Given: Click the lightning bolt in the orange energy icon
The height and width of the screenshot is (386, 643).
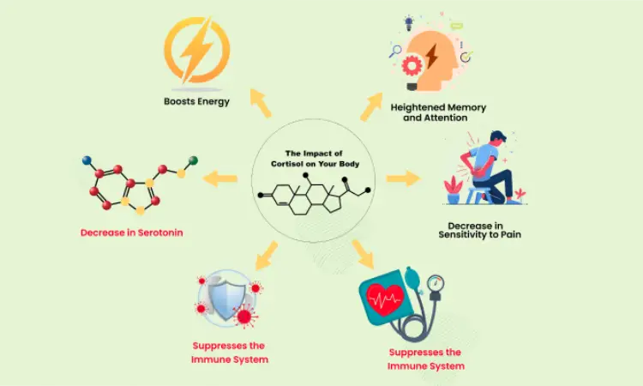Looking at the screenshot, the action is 196,49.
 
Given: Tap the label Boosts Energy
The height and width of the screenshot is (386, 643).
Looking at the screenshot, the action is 196,101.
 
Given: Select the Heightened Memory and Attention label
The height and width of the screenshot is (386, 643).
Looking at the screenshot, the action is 438,112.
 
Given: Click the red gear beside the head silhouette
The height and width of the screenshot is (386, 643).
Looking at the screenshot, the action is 412,66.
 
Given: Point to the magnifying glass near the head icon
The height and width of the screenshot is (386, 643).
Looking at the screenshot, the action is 395,51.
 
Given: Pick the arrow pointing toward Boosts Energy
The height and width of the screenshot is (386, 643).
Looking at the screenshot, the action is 261,103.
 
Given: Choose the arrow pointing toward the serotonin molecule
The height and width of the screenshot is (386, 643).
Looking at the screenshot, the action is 219,179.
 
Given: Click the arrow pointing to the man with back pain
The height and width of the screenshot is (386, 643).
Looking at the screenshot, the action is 403,178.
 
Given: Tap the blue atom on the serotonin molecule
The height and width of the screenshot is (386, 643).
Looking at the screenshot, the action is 87,160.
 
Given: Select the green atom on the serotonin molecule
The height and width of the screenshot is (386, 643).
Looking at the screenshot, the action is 193,160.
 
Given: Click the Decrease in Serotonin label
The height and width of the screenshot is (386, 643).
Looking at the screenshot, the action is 132,232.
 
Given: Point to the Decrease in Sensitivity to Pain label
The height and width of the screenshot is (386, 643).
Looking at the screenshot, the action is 479,230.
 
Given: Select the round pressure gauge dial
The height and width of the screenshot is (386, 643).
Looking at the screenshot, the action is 436,282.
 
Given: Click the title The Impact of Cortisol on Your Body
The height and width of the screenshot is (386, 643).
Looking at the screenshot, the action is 315,159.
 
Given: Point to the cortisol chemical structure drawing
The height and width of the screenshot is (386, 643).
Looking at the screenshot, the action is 315,194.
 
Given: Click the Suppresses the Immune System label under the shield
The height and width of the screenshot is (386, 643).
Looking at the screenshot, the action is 229,353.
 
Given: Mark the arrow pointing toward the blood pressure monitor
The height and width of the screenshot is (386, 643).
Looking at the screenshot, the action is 364,254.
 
